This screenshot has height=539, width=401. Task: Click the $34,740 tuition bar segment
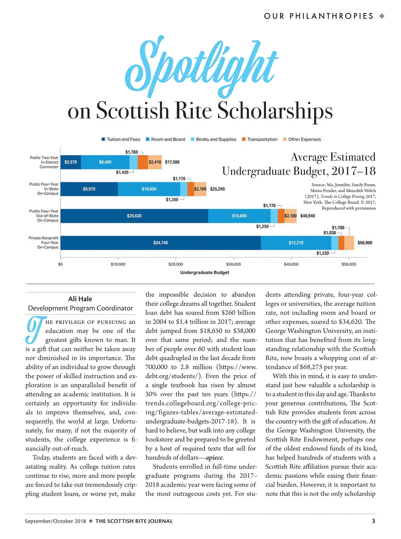pyautogui.click(x=160, y=243)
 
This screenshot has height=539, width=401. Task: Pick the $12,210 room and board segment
pyautogui.click(x=296, y=243)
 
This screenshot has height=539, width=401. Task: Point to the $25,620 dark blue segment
pyautogui.click(x=134, y=216)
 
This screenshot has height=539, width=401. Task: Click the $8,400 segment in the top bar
pyautogui.click(x=105, y=162)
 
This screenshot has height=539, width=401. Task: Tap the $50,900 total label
pyautogui.click(x=365, y=243)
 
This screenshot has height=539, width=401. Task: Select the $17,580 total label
pyautogui.click(x=172, y=162)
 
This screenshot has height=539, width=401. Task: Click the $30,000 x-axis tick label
pyautogui.click(x=233, y=264)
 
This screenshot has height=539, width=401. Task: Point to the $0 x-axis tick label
pyautogui.click(x=60, y=264)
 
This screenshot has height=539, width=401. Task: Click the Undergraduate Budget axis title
pyautogui.click(x=205, y=272)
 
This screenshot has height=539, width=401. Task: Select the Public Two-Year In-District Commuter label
pyautogui.click(x=44, y=162)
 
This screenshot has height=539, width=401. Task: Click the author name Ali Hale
pyautogui.click(x=80, y=299)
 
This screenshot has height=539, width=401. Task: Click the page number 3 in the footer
pyautogui.click(x=373, y=521)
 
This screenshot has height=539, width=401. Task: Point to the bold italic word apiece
pyautogui.click(x=214, y=458)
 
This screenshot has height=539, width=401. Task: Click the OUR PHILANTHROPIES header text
pyautogui.click(x=318, y=16)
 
